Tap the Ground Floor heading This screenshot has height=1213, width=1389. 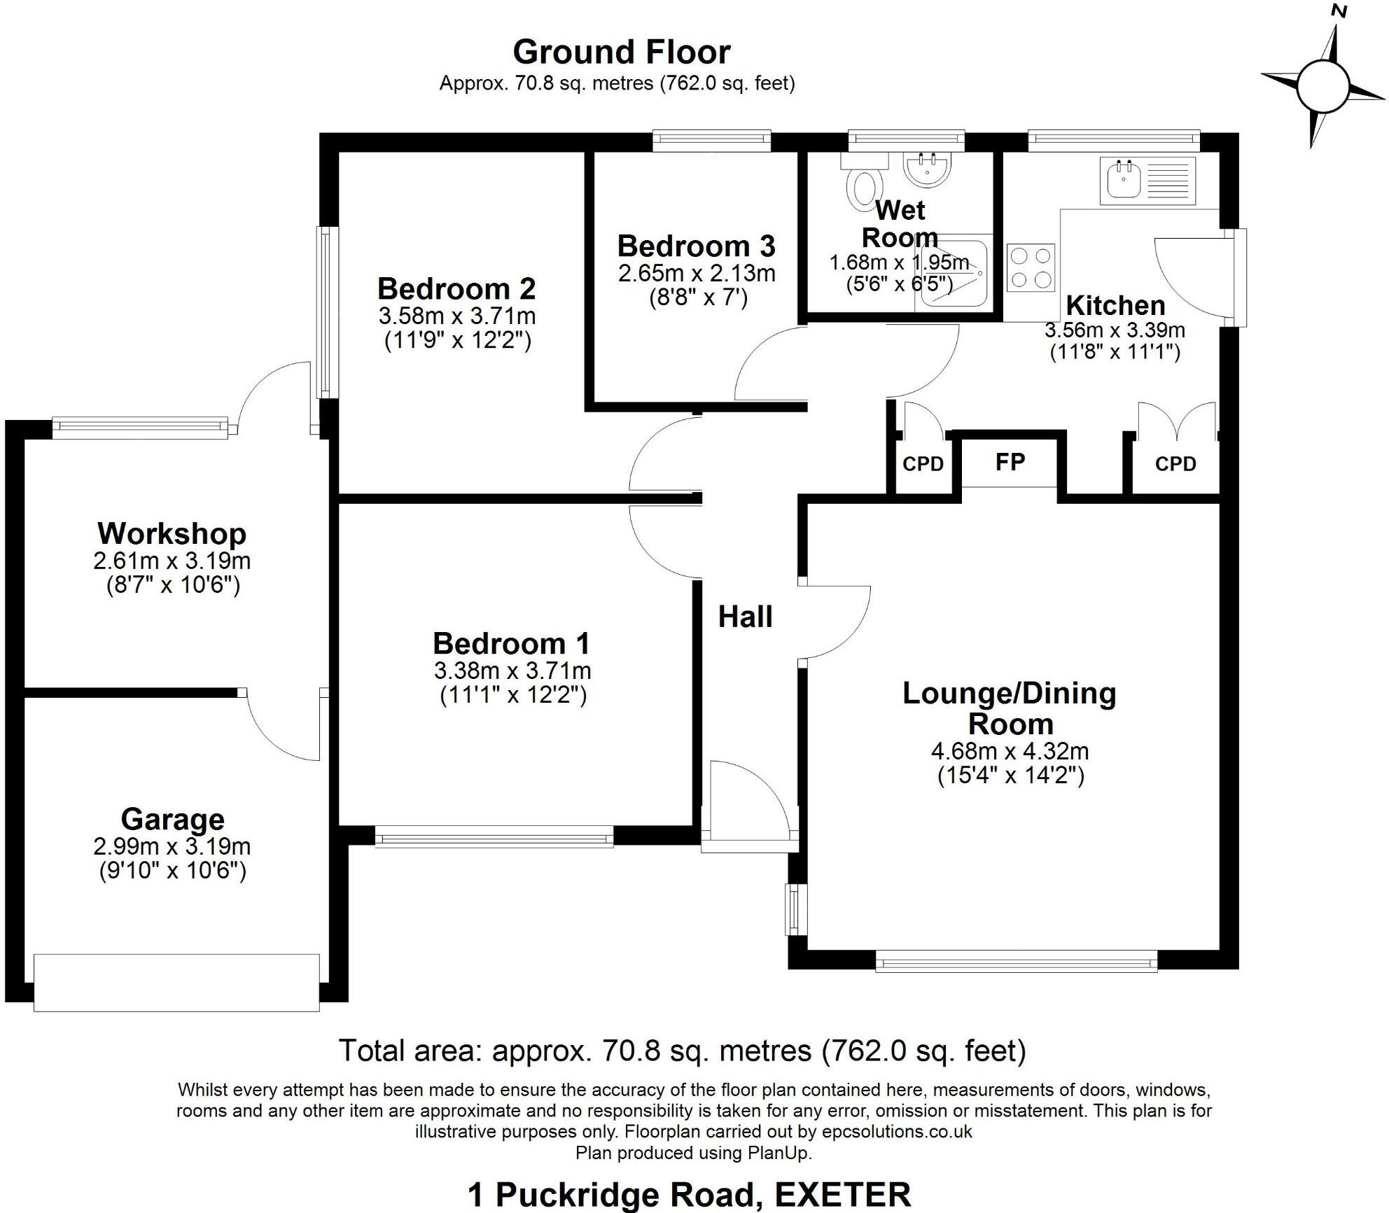click(622, 52)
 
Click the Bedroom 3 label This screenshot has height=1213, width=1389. click(696, 246)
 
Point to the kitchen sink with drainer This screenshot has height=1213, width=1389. click(1148, 181)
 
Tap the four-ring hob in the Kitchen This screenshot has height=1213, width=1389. click(1031, 267)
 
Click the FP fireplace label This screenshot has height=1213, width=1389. click(1010, 462)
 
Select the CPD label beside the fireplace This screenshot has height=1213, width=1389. click(923, 464)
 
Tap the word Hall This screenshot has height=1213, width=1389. click(746, 617)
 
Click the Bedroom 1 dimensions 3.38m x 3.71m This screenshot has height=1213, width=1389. click(512, 671)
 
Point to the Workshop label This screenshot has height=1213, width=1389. click(172, 534)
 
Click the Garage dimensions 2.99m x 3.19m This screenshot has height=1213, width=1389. click(172, 847)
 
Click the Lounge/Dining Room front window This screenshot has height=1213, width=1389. click(1016, 964)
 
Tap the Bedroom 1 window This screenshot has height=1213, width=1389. click(494, 836)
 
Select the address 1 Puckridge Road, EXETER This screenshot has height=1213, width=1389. click(689, 1194)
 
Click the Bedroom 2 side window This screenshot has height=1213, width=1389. click(325, 312)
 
